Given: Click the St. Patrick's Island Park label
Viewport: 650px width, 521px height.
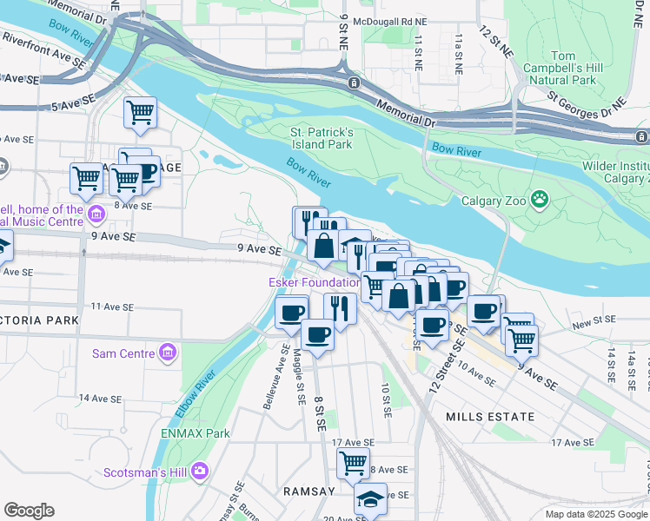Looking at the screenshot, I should pyautogui.click(x=321, y=138).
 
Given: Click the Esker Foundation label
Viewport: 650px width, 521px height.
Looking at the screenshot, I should pyautogui.click(x=314, y=282).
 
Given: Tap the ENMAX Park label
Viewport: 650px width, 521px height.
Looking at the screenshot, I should pyautogui.click(x=195, y=432).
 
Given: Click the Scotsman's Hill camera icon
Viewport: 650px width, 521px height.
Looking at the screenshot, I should pyautogui.click(x=201, y=472).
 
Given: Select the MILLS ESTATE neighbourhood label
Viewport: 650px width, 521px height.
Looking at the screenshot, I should pyautogui.click(x=490, y=417).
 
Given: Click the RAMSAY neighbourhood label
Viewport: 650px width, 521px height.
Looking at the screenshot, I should pyautogui.click(x=308, y=491).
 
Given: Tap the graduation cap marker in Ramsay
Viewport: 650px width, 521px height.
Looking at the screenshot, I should pyautogui.click(x=369, y=499).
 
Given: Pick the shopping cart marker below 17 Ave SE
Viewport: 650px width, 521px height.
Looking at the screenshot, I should pyautogui.click(x=352, y=463).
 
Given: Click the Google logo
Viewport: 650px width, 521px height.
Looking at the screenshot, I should pyautogui.click(x=29, y=511).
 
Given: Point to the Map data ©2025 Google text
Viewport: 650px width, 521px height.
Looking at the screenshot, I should pyautogui.click(x=595, y=514).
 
